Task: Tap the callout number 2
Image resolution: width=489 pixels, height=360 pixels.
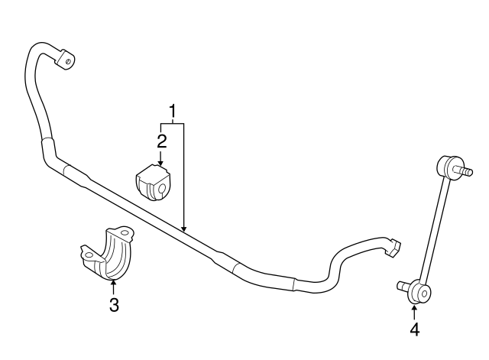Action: (161, 140)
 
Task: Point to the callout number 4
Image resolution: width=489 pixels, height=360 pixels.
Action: (414, 329)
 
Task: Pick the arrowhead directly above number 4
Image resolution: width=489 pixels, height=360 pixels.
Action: (414, 307)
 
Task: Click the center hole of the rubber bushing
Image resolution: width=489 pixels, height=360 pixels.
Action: (162, 188)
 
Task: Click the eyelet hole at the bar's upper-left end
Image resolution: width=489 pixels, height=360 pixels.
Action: (68, 59)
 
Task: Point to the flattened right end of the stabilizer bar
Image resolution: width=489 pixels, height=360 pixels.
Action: (394, 245)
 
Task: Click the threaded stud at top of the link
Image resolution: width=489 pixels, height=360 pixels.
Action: (463, 172)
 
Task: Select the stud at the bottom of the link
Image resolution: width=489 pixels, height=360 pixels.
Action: (402, 287)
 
